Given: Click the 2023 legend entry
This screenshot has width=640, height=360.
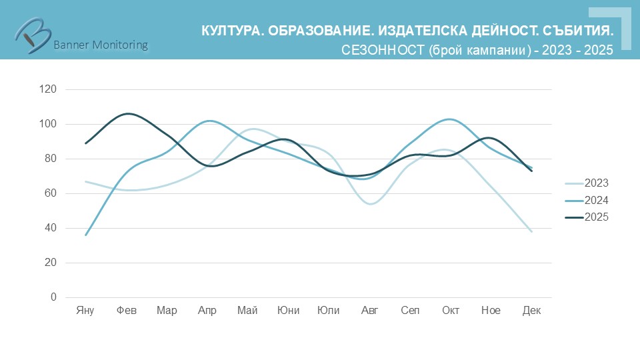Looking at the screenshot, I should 596,183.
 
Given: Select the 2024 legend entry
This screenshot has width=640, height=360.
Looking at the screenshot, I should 596,200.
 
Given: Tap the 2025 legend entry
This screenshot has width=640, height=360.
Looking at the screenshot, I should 596,217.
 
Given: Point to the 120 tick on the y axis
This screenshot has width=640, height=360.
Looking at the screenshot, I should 48,89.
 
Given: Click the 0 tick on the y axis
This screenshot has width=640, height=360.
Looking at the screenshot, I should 53,297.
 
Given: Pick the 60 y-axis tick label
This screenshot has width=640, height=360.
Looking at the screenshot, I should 51,193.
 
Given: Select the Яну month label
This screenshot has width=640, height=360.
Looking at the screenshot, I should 85,311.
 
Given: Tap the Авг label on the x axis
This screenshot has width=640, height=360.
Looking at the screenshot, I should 369,311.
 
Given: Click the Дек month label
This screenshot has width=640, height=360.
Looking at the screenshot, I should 531,311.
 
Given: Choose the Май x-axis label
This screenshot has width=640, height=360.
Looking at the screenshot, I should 247,311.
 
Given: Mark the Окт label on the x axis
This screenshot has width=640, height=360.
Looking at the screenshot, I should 451,311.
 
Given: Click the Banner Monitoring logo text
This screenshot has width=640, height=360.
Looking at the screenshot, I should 100,45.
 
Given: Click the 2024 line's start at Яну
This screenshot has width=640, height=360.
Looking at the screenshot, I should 86,235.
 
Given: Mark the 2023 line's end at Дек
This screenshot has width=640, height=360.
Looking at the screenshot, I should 531,231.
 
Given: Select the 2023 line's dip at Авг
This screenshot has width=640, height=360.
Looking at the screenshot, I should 370,203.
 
